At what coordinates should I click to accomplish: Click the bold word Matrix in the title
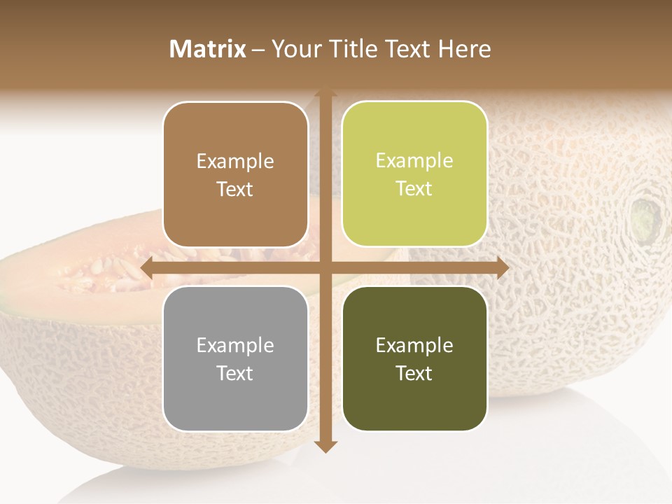[208, 49]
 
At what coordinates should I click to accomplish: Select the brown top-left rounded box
[235, 174]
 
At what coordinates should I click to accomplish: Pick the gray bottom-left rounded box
[235, 358]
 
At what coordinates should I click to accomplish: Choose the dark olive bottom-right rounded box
[414, 358]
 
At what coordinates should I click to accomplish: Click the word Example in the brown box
[235, 161]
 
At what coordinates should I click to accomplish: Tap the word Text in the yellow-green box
[414, 188]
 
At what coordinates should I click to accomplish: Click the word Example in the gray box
[235, 345]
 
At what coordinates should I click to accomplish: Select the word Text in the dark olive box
[414, 373]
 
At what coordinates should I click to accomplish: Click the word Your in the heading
[295, 49]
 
